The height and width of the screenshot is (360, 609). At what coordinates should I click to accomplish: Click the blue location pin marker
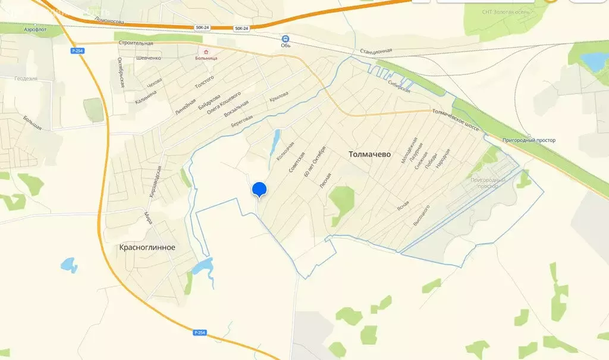tap(259, 189)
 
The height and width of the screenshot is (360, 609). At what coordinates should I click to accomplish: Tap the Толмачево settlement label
tap(369, 154)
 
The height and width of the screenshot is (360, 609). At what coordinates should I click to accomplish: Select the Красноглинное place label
tap(147, 247)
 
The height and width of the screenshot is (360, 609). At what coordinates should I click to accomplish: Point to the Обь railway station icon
tap(285, 37)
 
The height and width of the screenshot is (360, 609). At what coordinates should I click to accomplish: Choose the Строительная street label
tap(136, 43)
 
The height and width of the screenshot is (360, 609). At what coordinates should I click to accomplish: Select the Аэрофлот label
tap(36, 29)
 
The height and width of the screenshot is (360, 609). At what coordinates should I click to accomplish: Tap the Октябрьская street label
tap(121, 73)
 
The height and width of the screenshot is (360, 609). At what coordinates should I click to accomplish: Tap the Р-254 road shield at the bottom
tap(200, 333)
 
